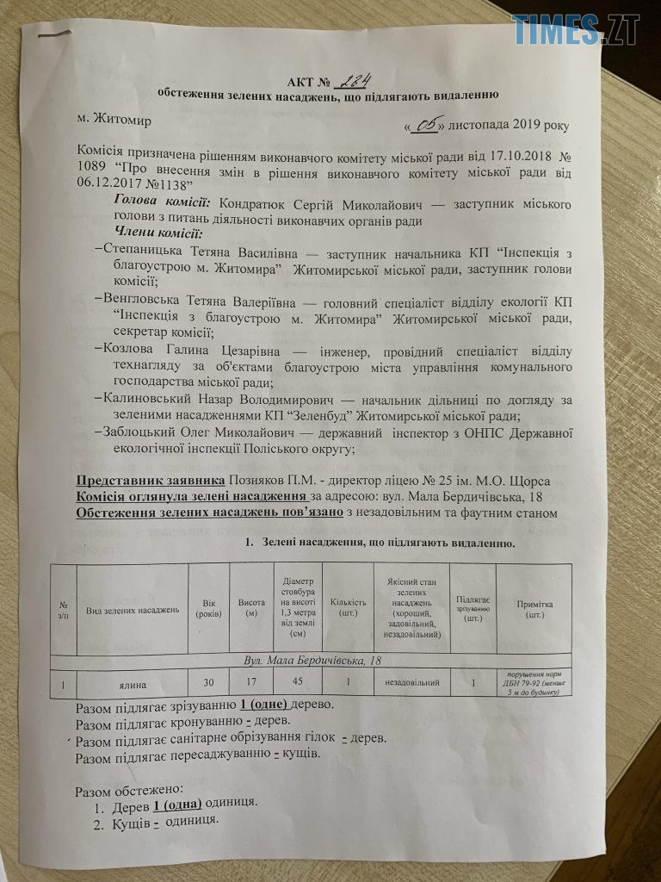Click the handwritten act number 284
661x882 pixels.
tap(353, 80)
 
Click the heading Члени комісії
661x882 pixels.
tap(158, 234)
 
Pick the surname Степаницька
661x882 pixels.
tap(143, 251)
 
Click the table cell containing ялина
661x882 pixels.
tap(130, 682)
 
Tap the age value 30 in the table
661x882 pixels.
tap(208, 682)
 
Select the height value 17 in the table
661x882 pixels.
tap(250, 682)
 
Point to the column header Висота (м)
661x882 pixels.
tap(250, 609)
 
